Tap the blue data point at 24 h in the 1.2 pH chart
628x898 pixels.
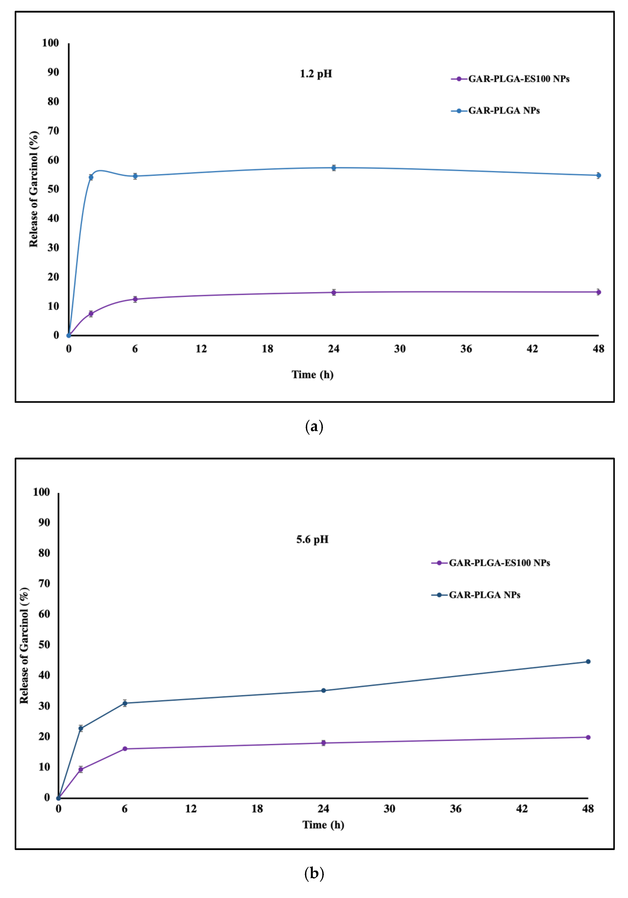(x=333, y=168)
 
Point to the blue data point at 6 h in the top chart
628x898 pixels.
(x=135, y=176)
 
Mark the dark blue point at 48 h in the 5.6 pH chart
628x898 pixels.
(x=588, y=661)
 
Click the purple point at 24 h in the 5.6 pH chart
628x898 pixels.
(x=323, y=743)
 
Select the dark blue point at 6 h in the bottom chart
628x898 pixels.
(x=125, y=703)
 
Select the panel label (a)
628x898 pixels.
(x=314, y=426)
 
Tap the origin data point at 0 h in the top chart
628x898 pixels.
(x=69, y=335)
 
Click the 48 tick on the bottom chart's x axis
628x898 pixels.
(x=588, y=809)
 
